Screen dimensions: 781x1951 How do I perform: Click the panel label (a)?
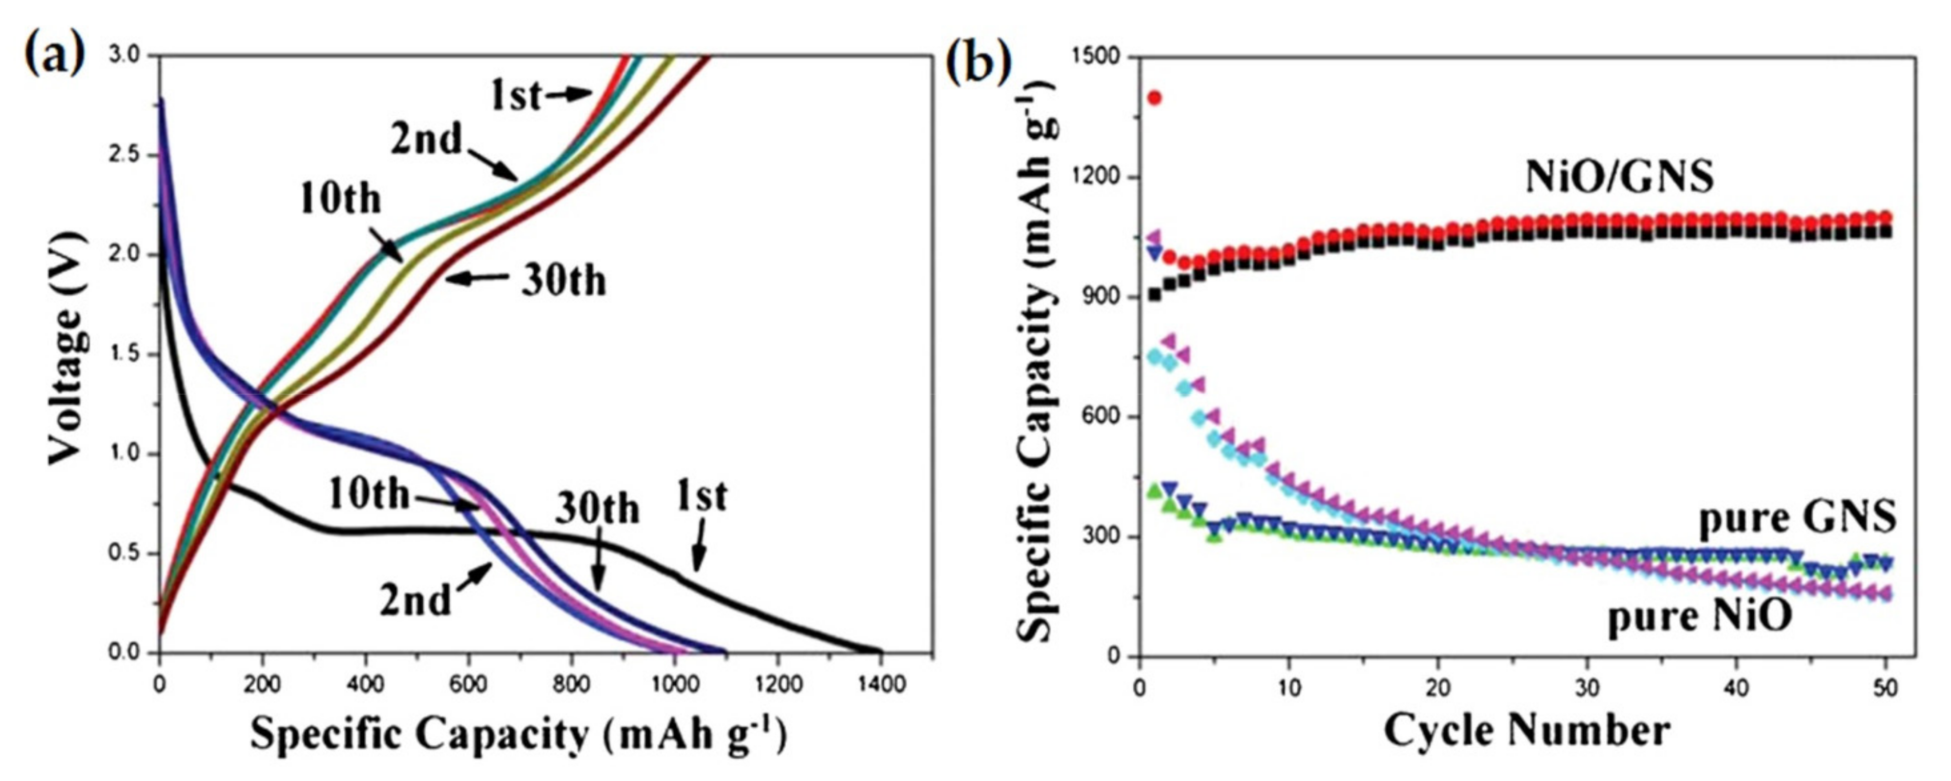(55, 55)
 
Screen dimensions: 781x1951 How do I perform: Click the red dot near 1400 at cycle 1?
(1154, 98)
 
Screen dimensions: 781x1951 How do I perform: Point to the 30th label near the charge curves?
(563, 281)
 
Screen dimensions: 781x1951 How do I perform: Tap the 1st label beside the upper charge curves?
(515, 96)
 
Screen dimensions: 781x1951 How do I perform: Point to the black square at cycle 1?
(1154, 295)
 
